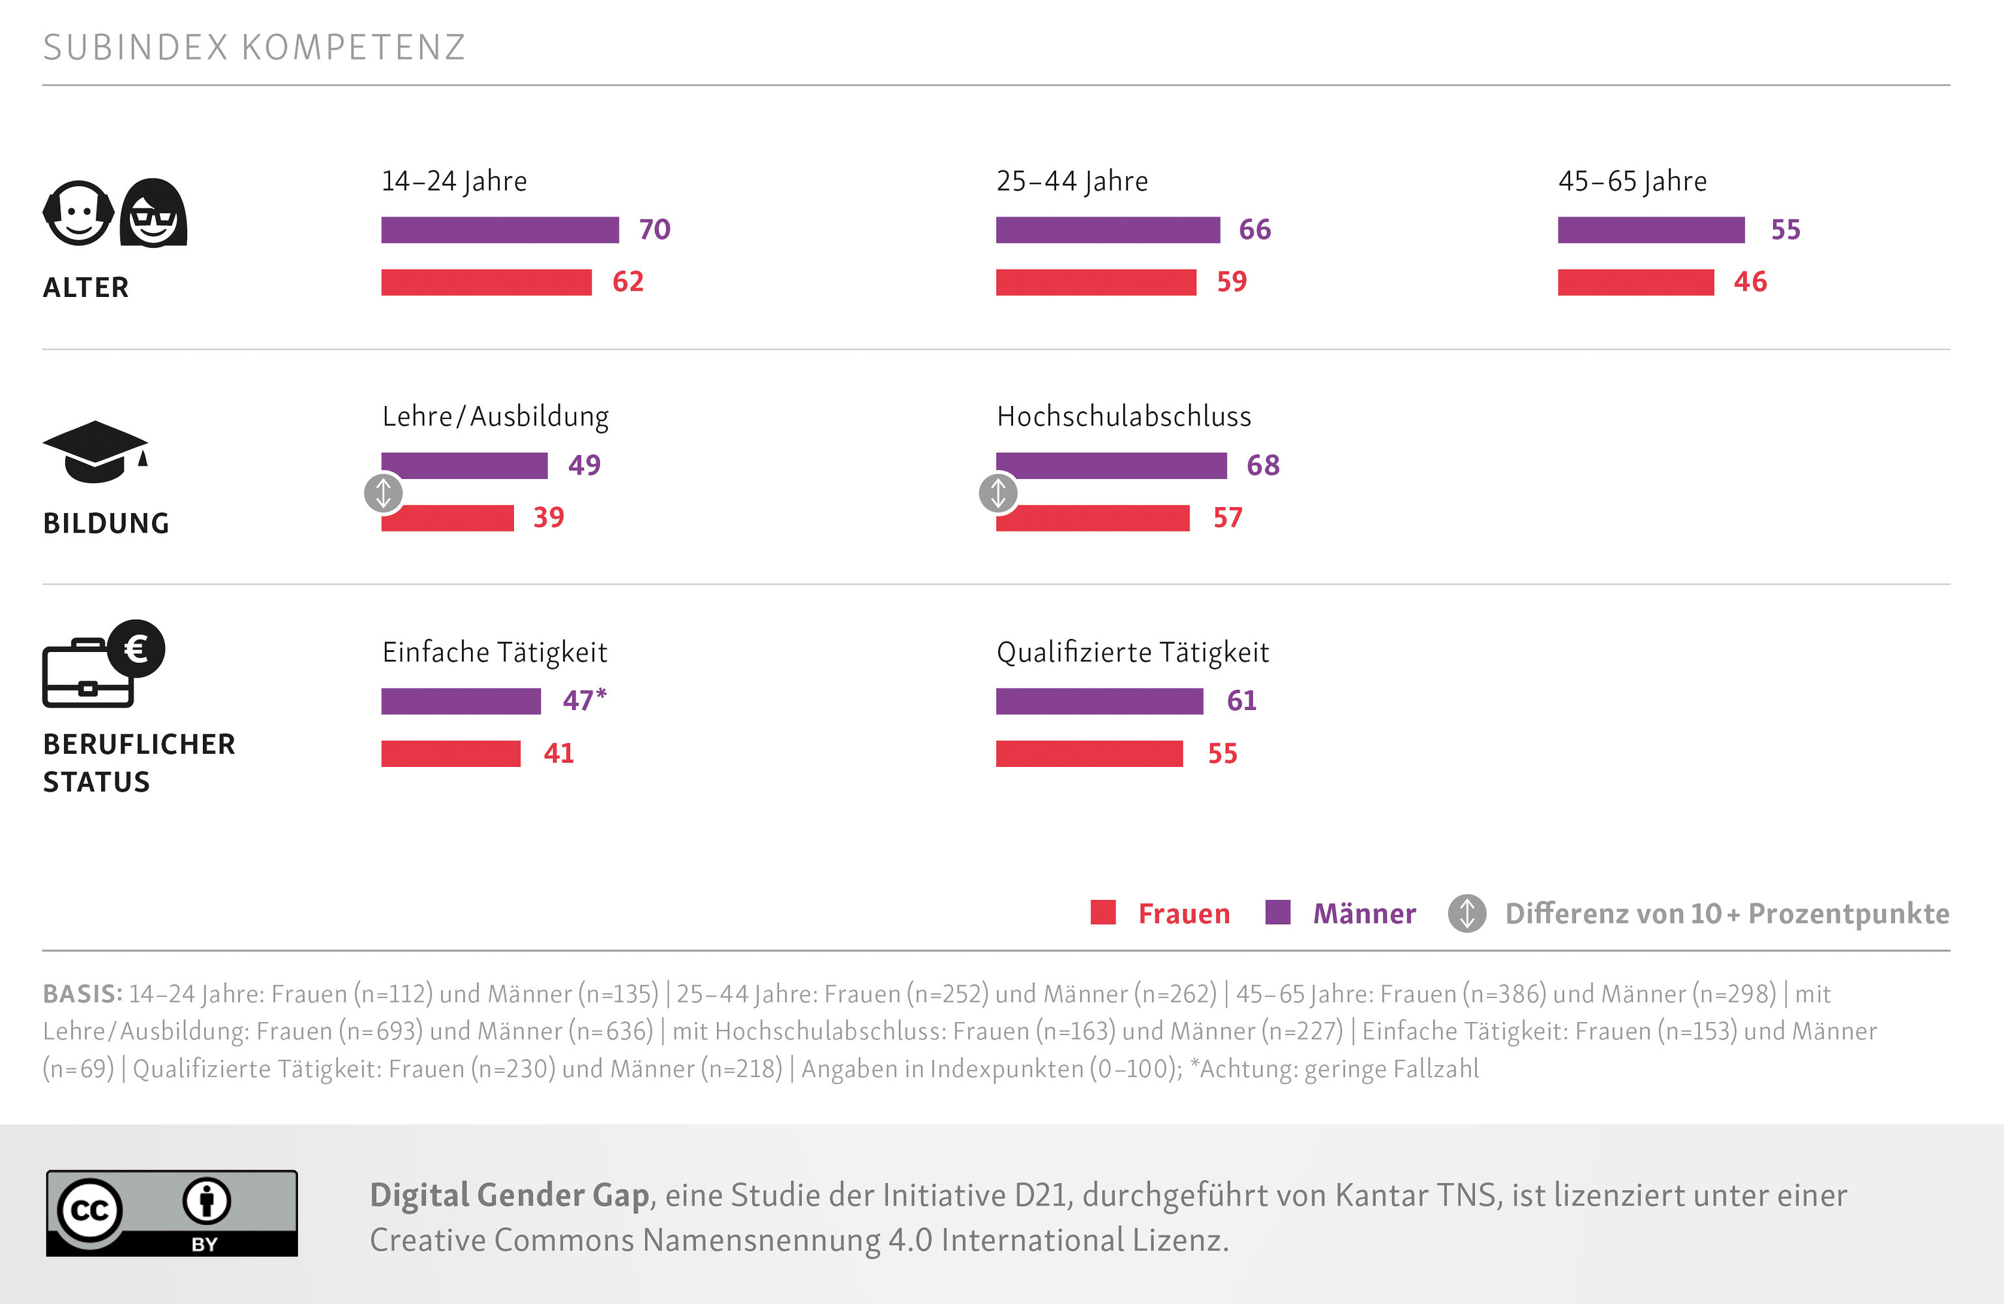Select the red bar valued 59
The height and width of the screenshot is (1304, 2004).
click(x=1095, y=282)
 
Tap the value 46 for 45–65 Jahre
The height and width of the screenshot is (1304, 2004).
click(x=1750, y=282)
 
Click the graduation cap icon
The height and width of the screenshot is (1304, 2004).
click(x=95, y=451)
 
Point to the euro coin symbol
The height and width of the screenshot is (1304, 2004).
click(x=136, y=649)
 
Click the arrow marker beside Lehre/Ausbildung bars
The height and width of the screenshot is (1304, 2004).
click(x=383, y=493)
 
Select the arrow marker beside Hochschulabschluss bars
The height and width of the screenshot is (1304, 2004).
click(x=998, y=493)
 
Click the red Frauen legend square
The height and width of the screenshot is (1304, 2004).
click(x=1103, y=912)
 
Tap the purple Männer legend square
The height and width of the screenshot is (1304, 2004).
click(x=1277, y=912)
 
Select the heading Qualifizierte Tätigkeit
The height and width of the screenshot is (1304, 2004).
click(x=1132, y=652)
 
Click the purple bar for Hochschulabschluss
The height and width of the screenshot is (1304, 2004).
click(x=1111, y=466)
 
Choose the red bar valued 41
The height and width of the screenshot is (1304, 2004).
click(x=451, y=753)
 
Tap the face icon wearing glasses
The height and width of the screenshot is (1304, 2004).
click(x=153, y=213)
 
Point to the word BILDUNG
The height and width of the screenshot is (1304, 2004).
click(x=106, y=523)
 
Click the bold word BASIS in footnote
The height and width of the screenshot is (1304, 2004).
click(x=82, y=994)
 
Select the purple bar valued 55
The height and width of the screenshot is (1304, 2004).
click(x=1650, y=230)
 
